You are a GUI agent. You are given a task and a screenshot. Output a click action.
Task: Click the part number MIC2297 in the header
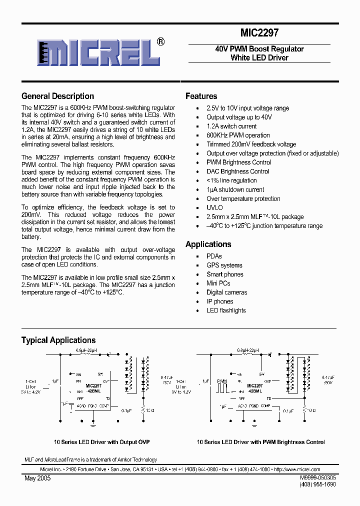coord(259,33)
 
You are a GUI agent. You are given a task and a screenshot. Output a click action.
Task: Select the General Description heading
coord(57,96)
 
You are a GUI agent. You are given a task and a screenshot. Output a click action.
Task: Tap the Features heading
coord(201,96)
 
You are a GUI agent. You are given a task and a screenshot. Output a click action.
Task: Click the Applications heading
coord(208,244)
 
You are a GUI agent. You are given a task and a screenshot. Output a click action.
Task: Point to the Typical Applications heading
coord(58,340)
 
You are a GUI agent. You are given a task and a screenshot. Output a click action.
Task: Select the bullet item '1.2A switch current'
coord(231,126)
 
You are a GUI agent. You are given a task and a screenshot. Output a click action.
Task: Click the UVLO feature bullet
coord(214,207)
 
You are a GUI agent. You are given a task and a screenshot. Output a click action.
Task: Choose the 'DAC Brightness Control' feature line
coord(237,171)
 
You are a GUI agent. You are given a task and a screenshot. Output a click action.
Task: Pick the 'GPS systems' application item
coord(224,265)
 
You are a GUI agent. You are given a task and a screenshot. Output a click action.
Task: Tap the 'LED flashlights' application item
coord(226,310)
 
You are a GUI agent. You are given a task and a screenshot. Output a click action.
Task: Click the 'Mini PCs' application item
coord(218,283)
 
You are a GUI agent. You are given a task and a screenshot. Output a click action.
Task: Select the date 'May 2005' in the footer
coord(37,478)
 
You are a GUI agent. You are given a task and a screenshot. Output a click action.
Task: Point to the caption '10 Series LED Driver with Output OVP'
coord(101,442)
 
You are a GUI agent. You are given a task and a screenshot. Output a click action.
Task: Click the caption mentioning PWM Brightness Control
coord(260,442)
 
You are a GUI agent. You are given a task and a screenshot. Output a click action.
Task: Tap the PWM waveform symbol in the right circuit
coord(222,386)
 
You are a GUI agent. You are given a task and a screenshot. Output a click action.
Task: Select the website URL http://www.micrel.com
coord(297,469)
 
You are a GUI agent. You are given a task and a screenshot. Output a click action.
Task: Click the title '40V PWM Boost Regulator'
coord(259,49)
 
